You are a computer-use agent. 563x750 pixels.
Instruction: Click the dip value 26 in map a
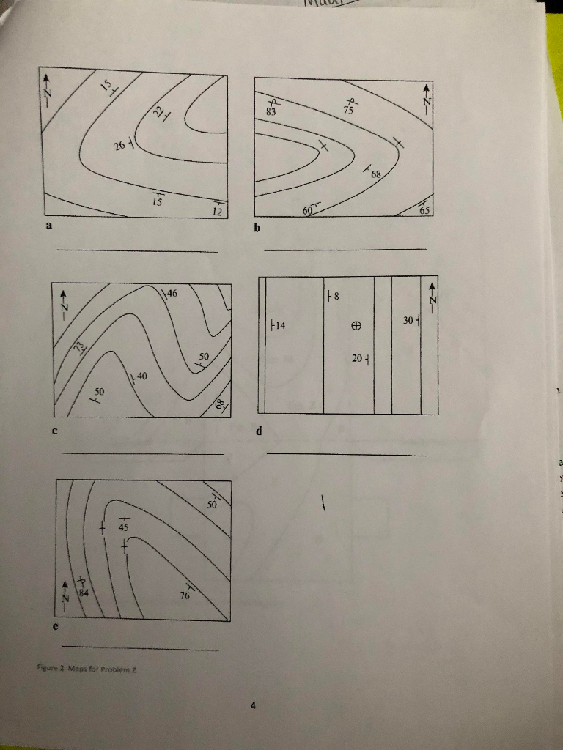[119, 146]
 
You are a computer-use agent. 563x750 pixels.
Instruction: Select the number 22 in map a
[159, 112]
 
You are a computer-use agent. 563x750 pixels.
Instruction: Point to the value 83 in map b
[271, 112]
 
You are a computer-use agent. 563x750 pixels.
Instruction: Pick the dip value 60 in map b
[308, 211]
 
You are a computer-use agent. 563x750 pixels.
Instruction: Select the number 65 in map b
[424, 210]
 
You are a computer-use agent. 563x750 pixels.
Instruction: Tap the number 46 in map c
[172, 294]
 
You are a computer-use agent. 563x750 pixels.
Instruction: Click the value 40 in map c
[141, 376]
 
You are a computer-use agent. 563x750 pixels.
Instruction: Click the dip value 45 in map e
[124, 527]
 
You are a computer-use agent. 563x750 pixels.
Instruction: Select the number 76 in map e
[185, 595]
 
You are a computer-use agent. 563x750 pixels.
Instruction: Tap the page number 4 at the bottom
[252, 706]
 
